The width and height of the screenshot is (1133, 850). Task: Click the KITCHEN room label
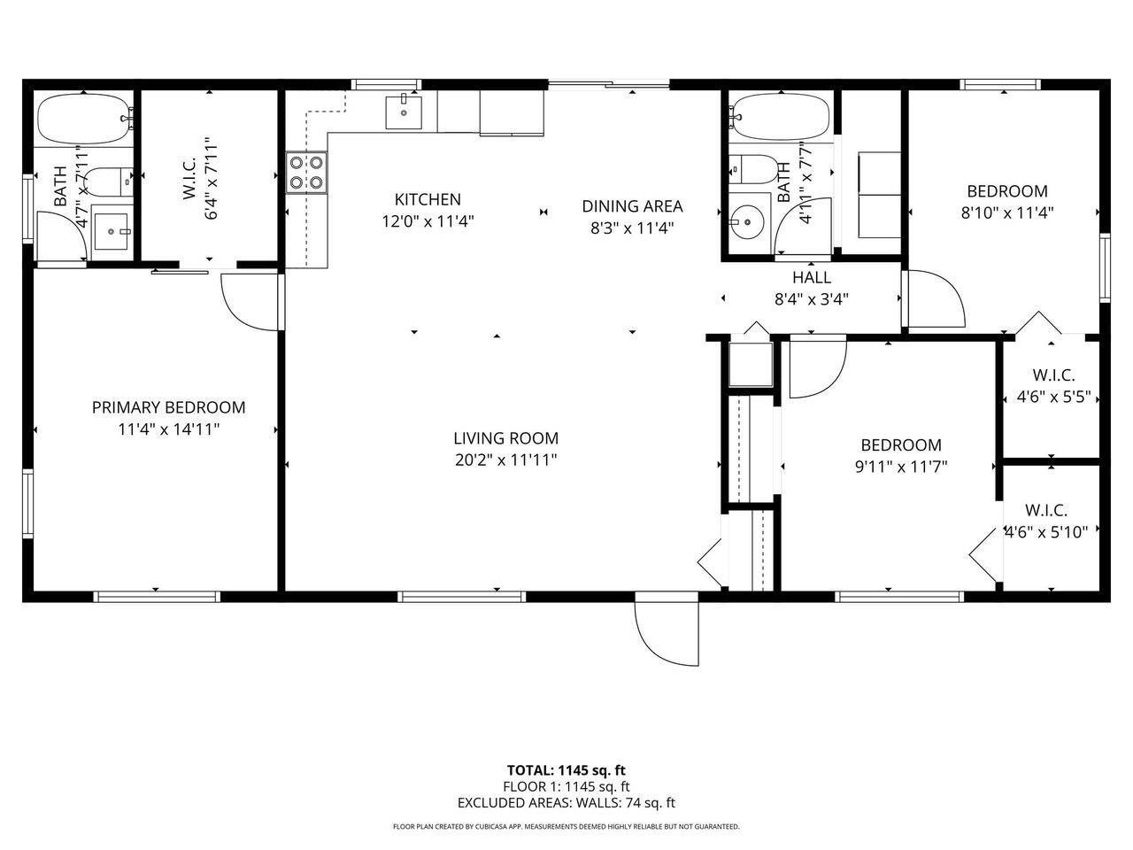click(428, 200)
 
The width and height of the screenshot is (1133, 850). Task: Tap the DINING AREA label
click(632, 206)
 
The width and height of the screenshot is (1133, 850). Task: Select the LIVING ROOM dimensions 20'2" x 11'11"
click(505, 460)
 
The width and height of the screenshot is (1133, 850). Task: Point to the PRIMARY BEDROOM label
click(168, 407)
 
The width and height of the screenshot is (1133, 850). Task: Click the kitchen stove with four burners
click(305, 173)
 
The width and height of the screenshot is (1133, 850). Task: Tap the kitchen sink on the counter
click(404, 112)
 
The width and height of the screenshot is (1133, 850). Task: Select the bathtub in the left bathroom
click(84, 120)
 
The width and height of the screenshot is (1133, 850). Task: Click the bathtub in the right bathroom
click(780, 117)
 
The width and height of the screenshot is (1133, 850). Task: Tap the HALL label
click(811, 277)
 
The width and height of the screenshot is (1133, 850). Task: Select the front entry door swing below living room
click(666, 634)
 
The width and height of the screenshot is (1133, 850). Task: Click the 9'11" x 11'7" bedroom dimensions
click(901, 467)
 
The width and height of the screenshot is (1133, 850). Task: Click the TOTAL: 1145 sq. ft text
click(566, 769)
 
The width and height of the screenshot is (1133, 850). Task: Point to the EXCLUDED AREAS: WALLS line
click(566, 803)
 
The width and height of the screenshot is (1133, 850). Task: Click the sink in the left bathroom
click(111, 232)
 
